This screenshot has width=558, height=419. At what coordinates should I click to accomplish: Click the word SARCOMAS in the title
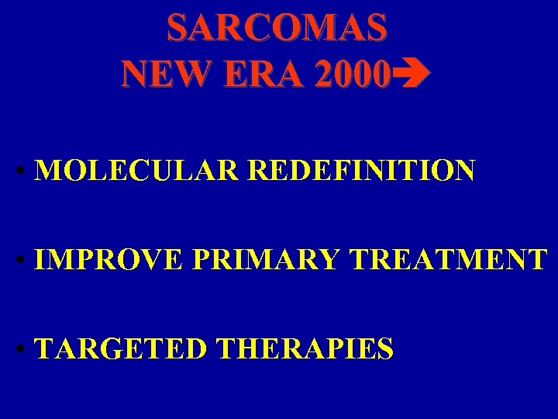pos(277,29)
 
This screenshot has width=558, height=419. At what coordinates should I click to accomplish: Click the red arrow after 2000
pos(408,74)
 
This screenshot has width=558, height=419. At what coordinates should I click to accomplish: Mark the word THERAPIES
pos(305,348)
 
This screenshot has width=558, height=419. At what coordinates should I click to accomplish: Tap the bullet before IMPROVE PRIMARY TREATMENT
pos(26,261)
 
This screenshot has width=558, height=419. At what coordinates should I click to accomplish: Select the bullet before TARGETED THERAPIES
pos(26,350)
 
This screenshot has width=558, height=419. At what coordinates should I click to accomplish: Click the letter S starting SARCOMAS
pos(177,29)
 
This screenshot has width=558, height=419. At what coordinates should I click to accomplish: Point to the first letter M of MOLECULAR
pos(48,170)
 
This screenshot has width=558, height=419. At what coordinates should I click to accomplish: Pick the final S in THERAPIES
pos(384,348)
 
